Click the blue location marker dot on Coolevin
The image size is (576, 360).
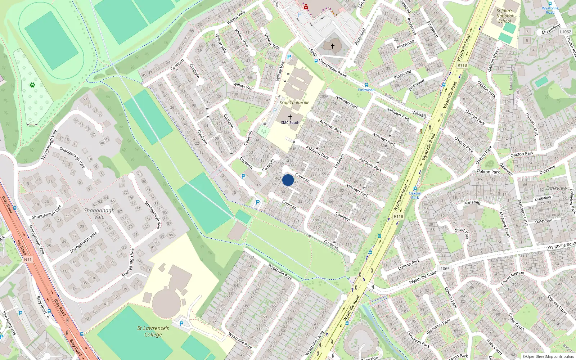[x=288, y=180]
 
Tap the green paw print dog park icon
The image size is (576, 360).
[x=32, y=85]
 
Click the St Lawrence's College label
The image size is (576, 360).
[x=153, y=331]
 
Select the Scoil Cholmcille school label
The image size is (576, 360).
[x=294, y=103]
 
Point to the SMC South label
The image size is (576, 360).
[x=290, y=122]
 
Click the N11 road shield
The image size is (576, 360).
[x=28, y=259]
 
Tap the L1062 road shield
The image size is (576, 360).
[x=565, y=32]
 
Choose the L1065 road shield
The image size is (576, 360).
[x=444, y=269]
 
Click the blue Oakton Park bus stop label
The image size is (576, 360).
[x=415, y=195]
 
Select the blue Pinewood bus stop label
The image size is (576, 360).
[x=366, y=90]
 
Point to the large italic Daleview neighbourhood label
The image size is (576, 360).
[x=557, y=188]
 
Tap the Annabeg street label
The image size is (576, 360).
[x=472, y=203]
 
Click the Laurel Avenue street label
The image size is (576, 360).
[x=512, y=278]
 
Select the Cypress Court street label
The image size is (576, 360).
[x=557, y=305]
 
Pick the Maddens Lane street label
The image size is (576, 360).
[x=522, y=212]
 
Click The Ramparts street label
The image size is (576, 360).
[x=9, y=323]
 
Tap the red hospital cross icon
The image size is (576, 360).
[x=306, y=7]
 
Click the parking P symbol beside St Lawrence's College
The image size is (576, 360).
[x=181, y=324]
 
